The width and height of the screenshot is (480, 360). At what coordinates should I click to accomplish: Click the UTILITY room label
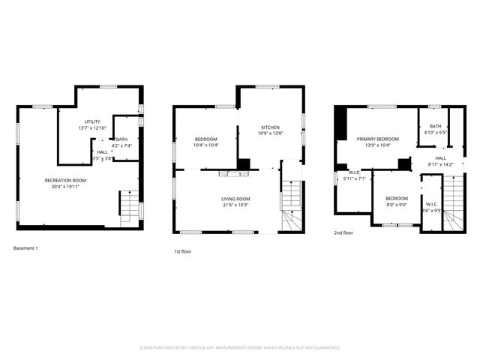[92, 121]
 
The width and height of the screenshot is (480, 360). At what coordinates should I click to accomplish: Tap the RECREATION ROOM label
[65, 180]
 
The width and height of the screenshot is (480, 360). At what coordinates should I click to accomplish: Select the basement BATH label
[121, 139]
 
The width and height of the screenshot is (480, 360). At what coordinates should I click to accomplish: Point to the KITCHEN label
[270, 127]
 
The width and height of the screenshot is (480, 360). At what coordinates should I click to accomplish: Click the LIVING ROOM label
[235, 198]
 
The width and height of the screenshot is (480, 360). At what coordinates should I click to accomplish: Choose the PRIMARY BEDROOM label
[377, 139]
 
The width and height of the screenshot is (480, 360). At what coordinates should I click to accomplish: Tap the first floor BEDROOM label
[206, 139]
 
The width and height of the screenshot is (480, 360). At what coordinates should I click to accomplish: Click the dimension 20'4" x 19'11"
[65, 187]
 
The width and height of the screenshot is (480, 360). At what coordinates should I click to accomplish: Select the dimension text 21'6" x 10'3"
[235, 205]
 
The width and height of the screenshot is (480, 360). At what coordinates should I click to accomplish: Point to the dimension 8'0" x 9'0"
[396, 205]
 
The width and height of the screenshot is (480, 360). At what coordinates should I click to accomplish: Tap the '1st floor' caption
[182, 251]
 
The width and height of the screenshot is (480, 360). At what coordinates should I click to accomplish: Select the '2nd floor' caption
[343, 232]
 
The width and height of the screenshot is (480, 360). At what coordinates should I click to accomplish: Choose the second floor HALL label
[440, 158]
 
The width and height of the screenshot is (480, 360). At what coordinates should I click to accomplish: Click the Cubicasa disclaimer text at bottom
[240, 348]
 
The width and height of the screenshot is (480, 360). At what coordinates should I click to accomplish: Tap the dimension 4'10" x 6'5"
[435, 133]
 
